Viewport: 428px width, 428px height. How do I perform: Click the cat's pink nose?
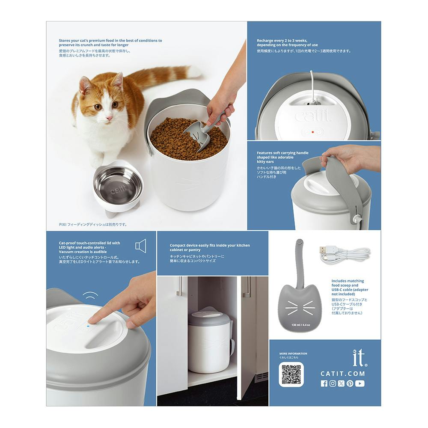point(109,118)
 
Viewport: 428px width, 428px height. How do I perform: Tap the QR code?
point(291,374)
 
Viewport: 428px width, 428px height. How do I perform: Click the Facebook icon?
point(324,383)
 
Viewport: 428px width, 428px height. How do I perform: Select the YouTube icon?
point(360,383)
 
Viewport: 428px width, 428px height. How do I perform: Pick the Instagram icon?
point(333,383)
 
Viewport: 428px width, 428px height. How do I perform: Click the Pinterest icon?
point(350,383)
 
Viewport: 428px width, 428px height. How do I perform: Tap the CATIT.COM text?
point(342,373)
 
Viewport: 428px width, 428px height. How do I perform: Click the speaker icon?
point(141,246)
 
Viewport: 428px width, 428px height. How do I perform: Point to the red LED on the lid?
point(313,132)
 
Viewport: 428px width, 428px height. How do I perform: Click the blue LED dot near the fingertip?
point(87,325)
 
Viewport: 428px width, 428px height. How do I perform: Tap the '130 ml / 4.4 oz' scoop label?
point(300,325)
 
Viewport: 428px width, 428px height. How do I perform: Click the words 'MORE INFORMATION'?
point(293,354)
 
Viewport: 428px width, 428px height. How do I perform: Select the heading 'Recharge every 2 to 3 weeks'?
point(282,40)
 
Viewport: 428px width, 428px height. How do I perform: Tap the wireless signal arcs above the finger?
point(90,295)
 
